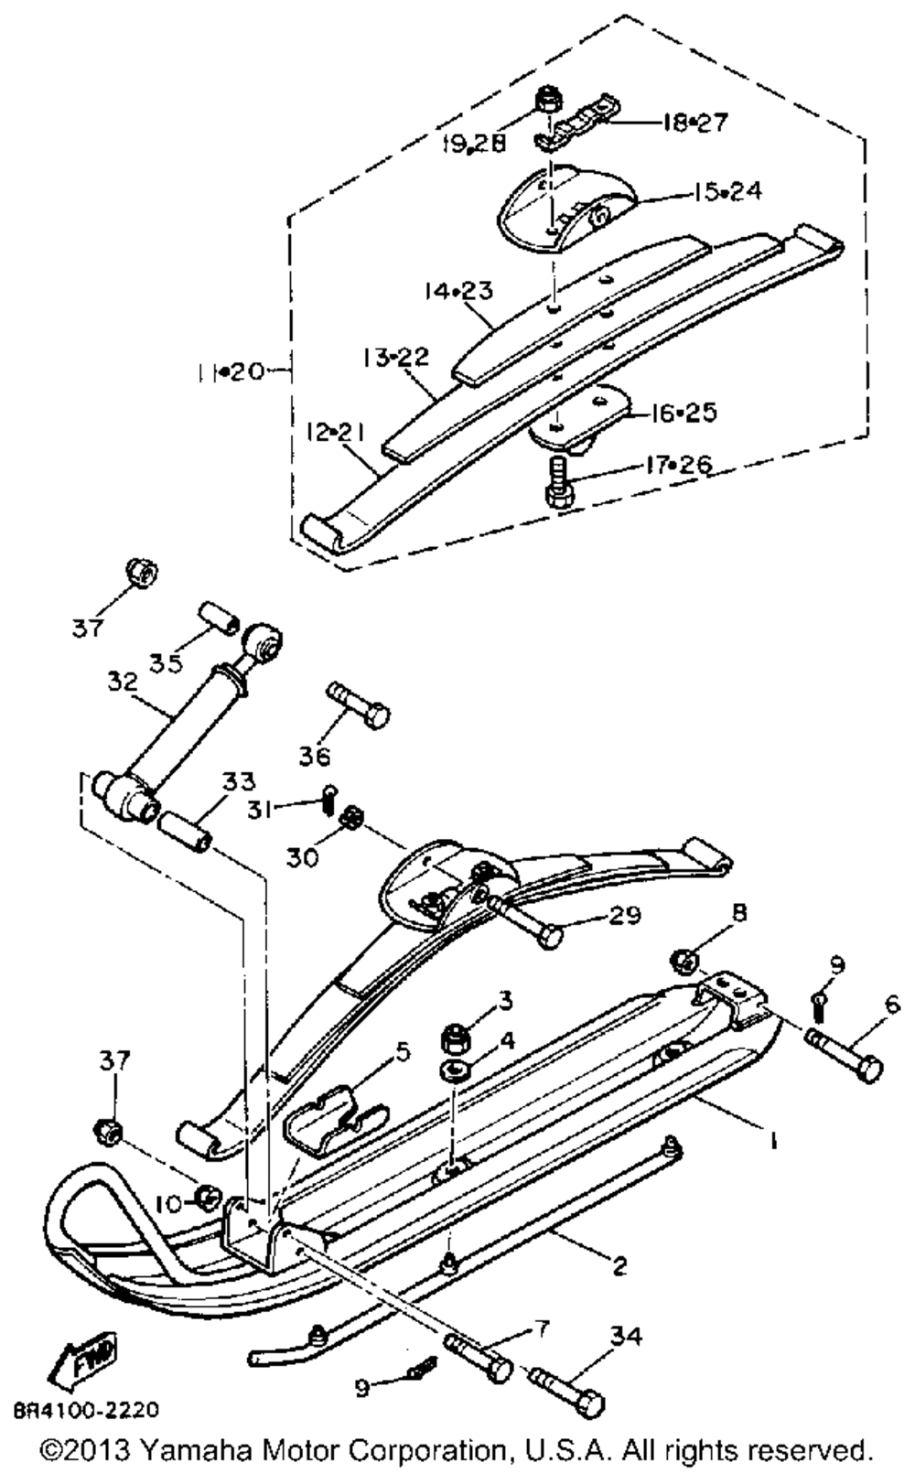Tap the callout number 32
122,682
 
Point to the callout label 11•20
229,371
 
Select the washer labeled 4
455,1069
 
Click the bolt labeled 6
845,1053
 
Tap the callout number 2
619,1265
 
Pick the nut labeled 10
207,1195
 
